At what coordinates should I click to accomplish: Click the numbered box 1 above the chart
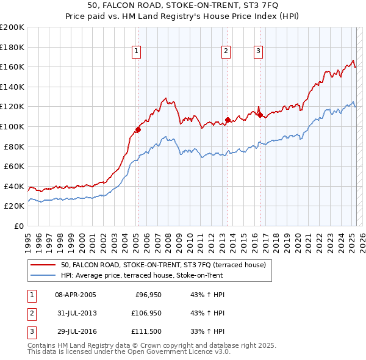(135, 51)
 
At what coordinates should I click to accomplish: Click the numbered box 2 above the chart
(226, 51)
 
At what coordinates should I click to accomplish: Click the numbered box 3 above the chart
(258, 51)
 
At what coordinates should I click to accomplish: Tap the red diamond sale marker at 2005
(138, 129)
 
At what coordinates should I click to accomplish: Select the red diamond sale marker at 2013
(228, 120)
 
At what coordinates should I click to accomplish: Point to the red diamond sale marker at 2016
(260, 115)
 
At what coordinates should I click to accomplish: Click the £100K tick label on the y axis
(12, 126)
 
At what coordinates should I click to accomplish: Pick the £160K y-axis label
(12, 67)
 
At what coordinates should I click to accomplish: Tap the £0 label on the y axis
(18, 226)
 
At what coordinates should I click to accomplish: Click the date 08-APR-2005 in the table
(75, 295)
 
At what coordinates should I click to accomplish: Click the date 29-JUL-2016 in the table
(75, 333)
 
